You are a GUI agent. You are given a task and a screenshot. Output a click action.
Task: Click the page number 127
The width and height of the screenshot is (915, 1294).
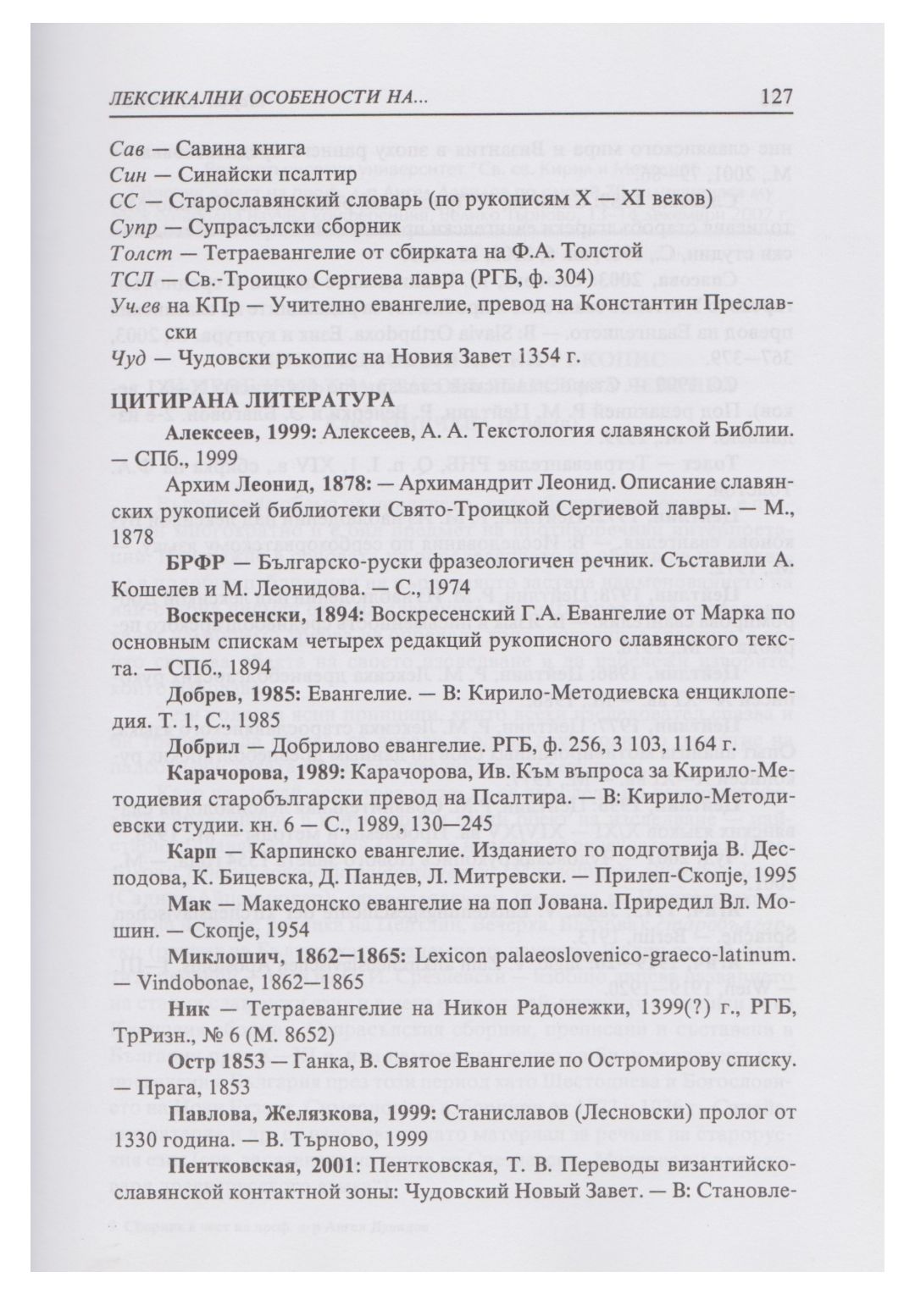click(x=776, y=97)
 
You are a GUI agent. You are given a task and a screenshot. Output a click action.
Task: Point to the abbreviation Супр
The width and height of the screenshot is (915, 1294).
click(x=131, y=227)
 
